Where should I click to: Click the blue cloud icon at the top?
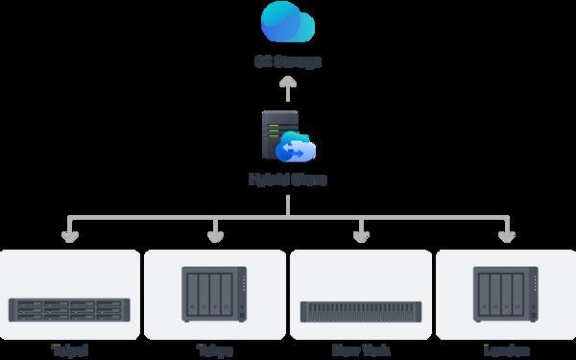pos(287,23)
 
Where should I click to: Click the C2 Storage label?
pos(287,62)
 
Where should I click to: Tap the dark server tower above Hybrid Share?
pos(277,135)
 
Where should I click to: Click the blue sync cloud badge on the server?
pos(296,150)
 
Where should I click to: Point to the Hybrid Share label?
pos(287,180)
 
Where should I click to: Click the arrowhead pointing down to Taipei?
pos(69,235)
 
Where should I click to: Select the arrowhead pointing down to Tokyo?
pos(214,235)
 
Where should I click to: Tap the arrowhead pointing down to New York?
pos(361,235)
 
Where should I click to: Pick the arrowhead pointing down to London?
pos(506,235)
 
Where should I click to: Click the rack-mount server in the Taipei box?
pos(69,309)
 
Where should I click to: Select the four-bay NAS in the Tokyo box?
pos(214,293)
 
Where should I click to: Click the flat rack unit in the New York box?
pos(361,311)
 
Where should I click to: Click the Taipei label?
pos(69,350)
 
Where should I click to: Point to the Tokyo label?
pos(214,350)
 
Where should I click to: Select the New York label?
pos(361,350)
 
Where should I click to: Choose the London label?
pos(506,350)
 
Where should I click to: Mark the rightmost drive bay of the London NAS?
pos(516,291)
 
